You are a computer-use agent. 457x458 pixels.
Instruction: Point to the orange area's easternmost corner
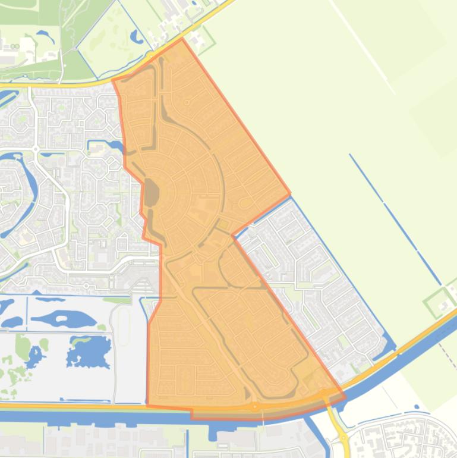290,194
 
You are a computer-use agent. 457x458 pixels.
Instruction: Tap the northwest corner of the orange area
114,80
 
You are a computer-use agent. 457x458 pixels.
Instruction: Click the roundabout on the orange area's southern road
255,407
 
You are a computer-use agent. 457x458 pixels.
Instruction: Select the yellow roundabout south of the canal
345,439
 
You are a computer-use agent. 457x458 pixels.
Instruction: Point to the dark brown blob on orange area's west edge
152,194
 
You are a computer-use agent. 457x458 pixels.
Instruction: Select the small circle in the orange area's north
187,102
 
